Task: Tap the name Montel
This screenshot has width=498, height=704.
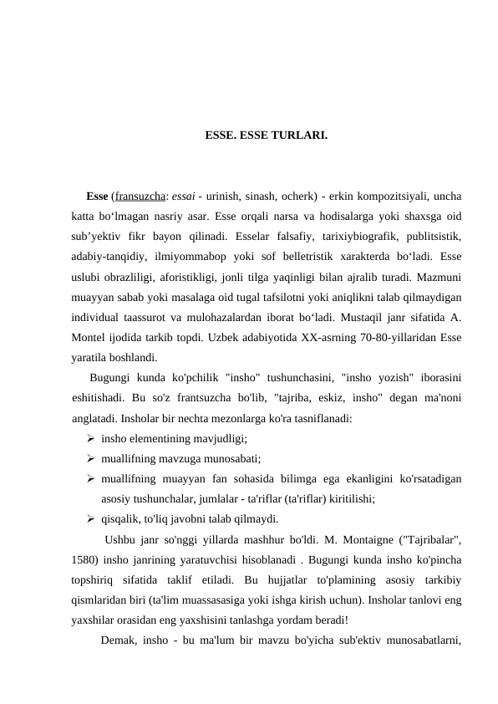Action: tap(91, 337)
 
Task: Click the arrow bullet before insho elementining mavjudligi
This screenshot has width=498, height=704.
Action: tap(89, 437)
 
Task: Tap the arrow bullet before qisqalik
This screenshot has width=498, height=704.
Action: tap(89, 518)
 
